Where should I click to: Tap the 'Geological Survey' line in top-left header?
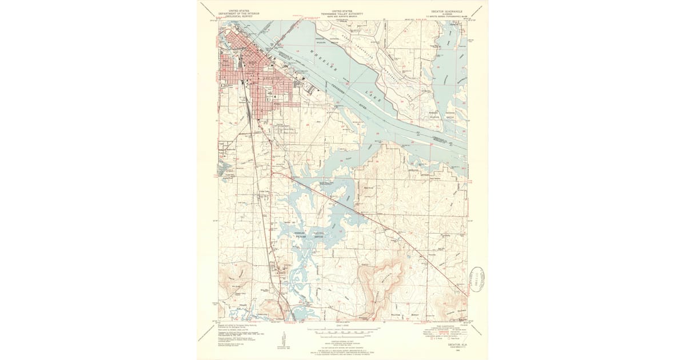(237, 16)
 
